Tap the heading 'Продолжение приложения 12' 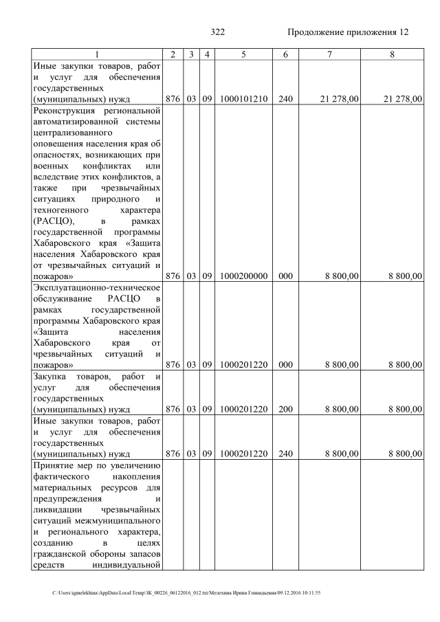[347, 32]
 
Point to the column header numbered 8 [391, 54]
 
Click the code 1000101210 [243, 100]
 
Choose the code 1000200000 [243, 276]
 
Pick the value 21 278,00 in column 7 [339, 100]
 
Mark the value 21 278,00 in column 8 [401, 100]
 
